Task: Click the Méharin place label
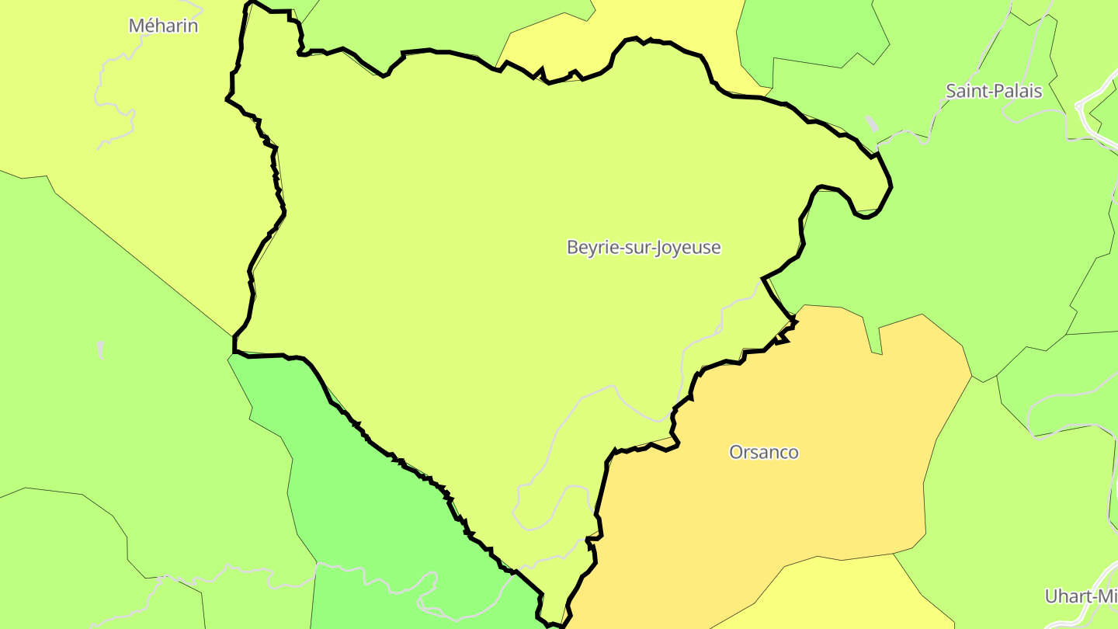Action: (x=163, y=26)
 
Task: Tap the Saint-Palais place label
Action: (x=994, y=91)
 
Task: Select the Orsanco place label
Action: (x=764, y=452)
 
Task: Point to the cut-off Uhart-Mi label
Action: (x=1080, y=596)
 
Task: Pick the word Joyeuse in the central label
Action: (x=688, y=248)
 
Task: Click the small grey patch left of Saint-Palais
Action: (x=872, y=123)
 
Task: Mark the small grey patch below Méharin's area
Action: (x=100, y=349)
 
